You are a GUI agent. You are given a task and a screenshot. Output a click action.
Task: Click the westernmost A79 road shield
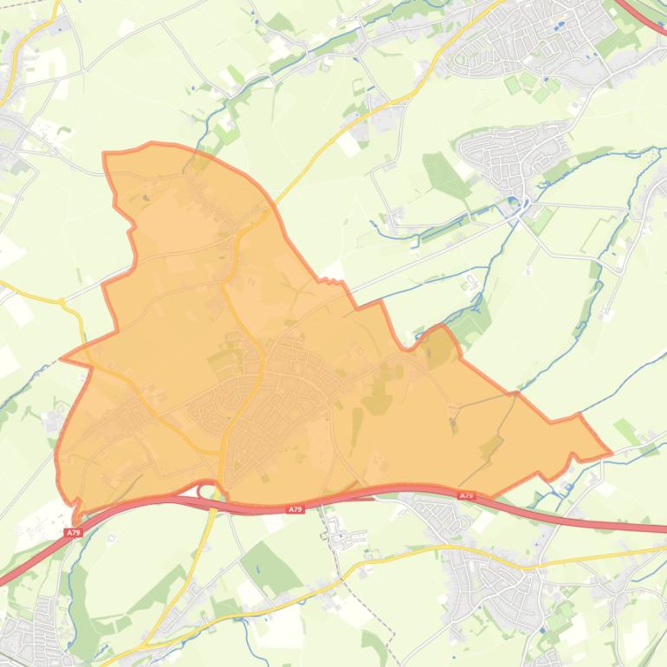73,533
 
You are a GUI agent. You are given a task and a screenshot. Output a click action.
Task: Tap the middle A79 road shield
295,509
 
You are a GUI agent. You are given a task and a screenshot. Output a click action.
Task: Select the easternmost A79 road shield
466,495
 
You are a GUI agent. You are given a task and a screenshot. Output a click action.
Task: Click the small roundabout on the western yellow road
62,301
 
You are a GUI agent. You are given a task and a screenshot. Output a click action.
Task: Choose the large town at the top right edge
546,35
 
